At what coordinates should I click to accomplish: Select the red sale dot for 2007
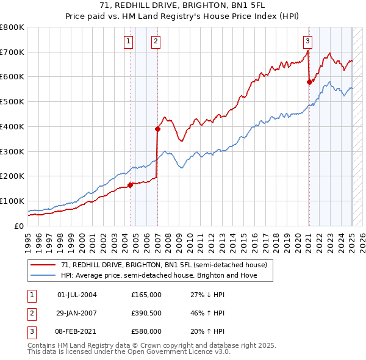point(157,129)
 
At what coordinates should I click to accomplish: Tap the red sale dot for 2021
point(309,82)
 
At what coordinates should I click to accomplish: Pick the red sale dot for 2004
point(130,185)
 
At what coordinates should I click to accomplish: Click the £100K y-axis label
point(12,201)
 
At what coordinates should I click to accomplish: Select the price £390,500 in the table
point(146,313)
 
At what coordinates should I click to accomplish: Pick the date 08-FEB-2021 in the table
point(77,331)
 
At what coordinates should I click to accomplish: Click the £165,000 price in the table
point(146,295)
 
